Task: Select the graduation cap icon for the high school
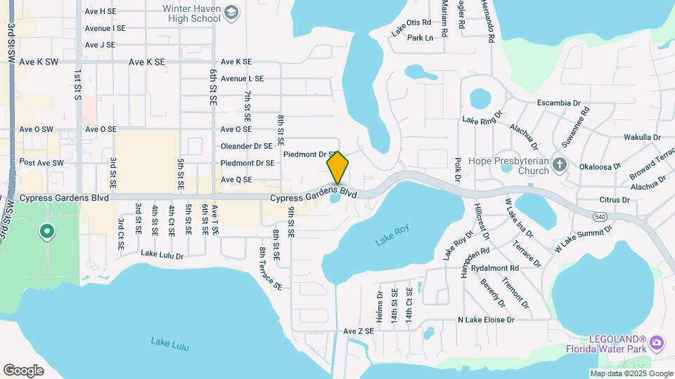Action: click(233, 13)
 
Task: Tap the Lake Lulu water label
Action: click(169, 344)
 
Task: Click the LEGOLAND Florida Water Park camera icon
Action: click(657, 343)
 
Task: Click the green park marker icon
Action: click(47, 231)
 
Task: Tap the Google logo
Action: click(23, 371)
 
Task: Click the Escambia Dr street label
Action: click(559, 103)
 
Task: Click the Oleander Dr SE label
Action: click(247, 146)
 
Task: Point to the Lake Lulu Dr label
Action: click(162, 254)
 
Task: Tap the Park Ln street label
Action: click(420, 38)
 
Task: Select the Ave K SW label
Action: click(39, 62)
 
